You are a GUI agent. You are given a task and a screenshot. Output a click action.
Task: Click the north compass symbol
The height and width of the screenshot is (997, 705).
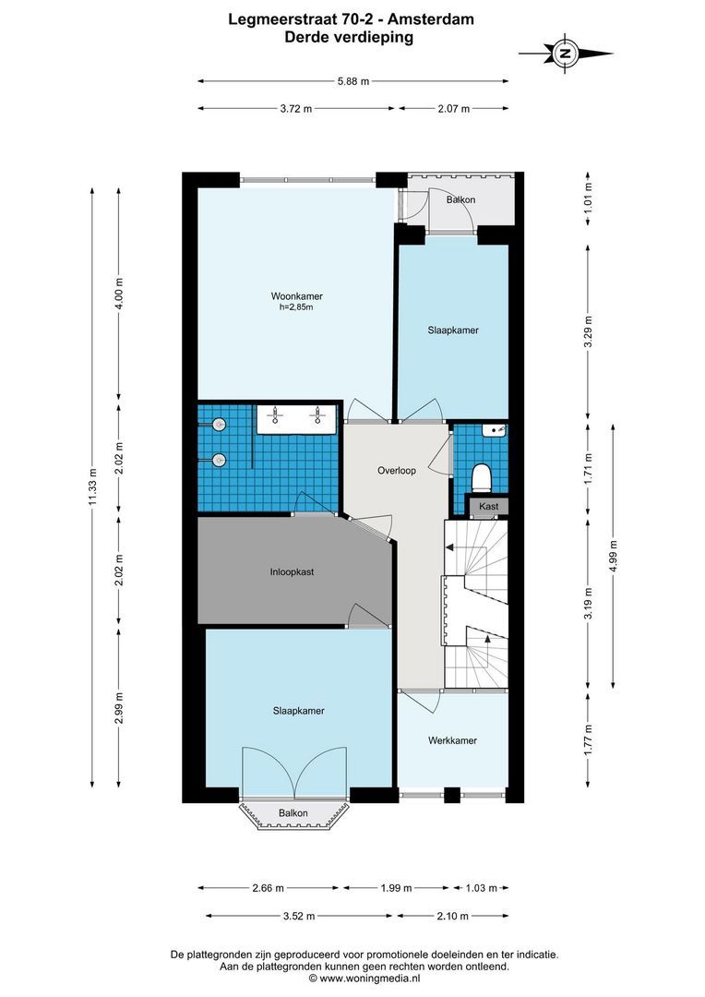coord(566,54)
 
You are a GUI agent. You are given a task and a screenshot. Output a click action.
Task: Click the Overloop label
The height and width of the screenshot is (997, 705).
coord(397,471)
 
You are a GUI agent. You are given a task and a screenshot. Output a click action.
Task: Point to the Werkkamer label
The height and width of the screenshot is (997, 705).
coord(452,740)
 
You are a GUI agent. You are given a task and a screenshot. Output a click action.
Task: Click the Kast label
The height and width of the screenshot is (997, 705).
coord(488,507)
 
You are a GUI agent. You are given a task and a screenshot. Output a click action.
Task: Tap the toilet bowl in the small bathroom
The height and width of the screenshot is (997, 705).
coord(480,477)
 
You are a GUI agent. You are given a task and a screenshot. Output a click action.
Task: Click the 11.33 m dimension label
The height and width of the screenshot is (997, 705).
coord(92,487)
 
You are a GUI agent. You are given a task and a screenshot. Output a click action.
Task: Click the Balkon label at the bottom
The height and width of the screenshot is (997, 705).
coord(293,813)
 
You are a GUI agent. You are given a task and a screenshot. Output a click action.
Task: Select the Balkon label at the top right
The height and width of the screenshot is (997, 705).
coord(460,199)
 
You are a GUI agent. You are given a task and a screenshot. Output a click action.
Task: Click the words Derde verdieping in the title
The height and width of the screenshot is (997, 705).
coord(352,38)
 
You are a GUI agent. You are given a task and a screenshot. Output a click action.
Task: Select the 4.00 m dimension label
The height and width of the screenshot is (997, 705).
coord(118,294)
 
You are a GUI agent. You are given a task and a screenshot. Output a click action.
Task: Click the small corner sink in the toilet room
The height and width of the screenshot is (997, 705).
coord(496,431)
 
